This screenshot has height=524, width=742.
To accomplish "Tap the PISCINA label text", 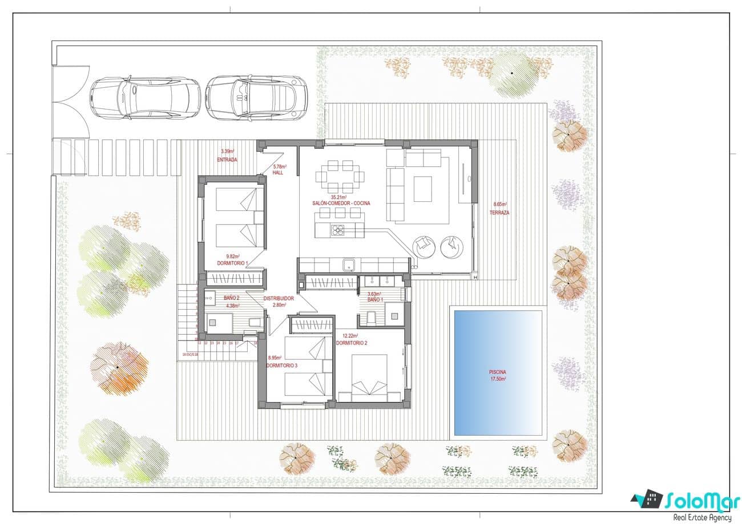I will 498,372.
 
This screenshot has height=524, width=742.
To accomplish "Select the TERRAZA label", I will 499,213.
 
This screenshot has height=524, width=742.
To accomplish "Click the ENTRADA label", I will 227,160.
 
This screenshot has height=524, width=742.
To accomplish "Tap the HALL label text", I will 278,172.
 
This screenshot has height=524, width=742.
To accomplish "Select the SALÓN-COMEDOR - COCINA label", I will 340,204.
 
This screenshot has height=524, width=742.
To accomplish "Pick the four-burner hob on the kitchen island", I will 338,231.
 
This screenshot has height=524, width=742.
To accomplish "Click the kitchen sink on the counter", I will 349,265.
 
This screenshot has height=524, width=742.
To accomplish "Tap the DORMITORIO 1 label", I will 232,263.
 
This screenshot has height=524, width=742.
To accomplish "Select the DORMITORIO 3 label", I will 282,365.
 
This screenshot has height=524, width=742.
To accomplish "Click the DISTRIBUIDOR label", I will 279,298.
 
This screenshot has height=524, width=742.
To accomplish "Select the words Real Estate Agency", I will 701,517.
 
